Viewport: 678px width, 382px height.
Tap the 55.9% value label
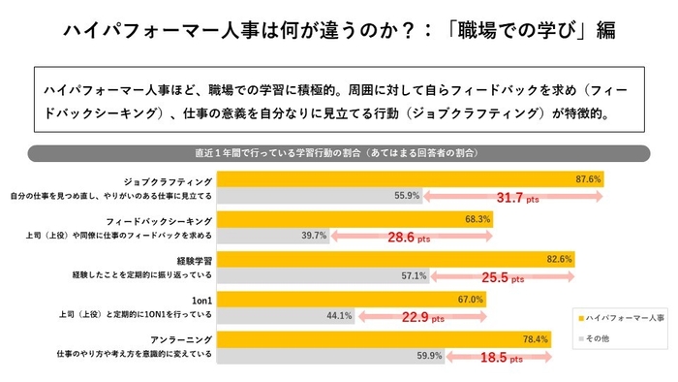406,195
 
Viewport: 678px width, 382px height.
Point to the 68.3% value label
477,220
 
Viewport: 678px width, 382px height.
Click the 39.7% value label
313,236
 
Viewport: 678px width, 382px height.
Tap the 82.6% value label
560,260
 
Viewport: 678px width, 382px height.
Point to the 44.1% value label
337,315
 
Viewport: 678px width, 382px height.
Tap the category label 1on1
200,301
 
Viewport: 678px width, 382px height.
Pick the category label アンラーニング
182,340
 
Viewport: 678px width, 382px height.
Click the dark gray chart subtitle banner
338,153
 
